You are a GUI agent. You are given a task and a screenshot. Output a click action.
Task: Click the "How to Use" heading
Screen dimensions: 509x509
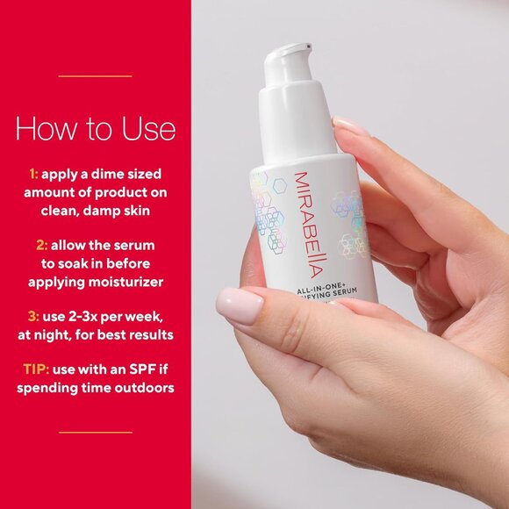[95, 129]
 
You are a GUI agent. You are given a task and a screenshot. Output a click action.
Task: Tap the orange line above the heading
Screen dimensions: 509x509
[95, 76]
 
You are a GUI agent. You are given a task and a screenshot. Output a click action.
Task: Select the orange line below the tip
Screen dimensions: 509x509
[95, 432]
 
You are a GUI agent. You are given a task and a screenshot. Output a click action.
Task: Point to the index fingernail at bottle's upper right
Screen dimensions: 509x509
[352, 127]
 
